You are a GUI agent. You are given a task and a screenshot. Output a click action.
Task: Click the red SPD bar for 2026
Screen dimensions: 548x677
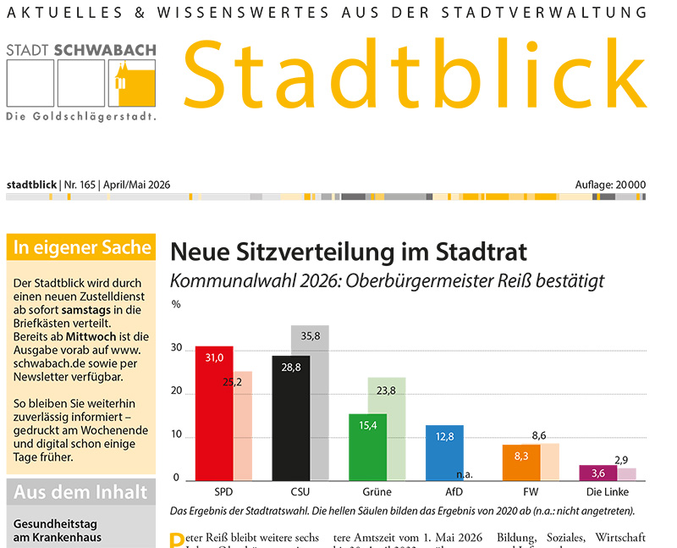[x=214, y=415]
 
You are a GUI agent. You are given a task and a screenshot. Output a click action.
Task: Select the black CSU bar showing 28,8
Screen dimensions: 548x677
[x=291, y=419]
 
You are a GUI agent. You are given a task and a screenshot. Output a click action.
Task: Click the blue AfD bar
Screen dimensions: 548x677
[x=444, y=453]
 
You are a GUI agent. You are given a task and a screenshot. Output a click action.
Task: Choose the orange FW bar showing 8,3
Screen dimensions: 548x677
[x=521, y=462]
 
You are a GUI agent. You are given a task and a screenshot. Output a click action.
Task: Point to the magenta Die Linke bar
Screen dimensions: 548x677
[x=597, y=473]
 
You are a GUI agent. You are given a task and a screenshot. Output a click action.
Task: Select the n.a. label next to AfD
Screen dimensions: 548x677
[x=464, y=475]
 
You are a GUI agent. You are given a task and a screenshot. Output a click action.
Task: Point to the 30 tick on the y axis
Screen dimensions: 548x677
[x=177, y=348]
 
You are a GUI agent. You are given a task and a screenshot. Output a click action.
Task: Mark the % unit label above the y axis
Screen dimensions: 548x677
[x=176, y=303]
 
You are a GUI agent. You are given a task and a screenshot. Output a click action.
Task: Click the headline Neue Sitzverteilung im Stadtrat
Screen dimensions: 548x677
[x=349, y=252]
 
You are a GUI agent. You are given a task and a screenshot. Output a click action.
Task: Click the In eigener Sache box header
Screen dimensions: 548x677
[x=82, y=247]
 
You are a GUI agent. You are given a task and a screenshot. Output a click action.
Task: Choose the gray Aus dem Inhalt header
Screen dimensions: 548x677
[x=80, y=492]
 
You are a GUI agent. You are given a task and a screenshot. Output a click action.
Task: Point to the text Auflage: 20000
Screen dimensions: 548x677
[x=609, y=185]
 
